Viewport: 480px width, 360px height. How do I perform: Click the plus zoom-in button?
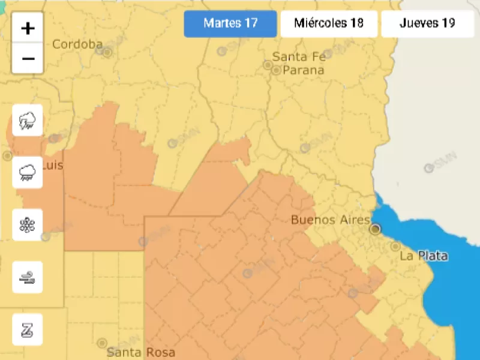(28, 28)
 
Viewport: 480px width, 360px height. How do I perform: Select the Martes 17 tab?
(230, 23)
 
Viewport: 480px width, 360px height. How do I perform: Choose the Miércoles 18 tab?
(329, 23)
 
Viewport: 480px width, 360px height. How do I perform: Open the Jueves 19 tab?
(428, 23)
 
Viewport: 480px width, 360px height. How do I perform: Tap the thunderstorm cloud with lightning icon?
(28, 120)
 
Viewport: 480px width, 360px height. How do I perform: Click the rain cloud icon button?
(28, 172)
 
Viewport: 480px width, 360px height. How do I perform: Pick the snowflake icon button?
(28, 224)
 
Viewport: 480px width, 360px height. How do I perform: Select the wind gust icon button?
(28, 277)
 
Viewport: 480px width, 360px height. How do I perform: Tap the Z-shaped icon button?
(28, 329)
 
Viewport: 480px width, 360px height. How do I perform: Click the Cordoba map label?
(77, 44)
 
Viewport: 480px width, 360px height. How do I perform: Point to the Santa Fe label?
(299, 57)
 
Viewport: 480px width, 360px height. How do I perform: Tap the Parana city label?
(304, 70)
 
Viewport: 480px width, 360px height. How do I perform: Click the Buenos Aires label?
(330, 220)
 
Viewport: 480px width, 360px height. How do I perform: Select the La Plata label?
(424, 256)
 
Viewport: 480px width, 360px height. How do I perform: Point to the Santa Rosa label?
(141, 352)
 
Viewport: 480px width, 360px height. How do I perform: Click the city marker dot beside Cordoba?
(107, 52)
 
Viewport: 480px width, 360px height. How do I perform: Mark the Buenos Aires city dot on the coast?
(376, 228)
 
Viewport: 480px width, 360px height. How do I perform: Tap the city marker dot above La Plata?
(395, 246)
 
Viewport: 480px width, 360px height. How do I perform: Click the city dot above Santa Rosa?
(102, 343)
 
